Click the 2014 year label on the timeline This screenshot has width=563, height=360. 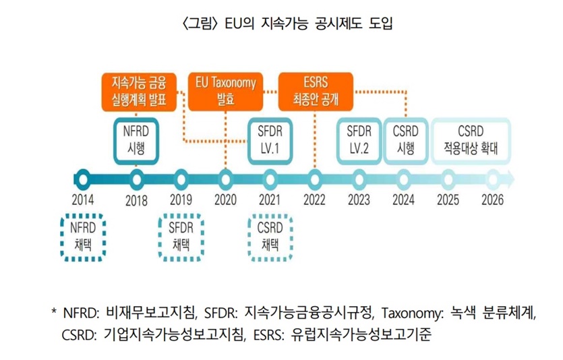tap(82, 200)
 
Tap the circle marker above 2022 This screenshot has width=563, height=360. tap(315, 179)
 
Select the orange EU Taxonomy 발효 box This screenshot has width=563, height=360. tap(226, 91)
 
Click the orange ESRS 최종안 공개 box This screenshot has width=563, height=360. tap(315, 91)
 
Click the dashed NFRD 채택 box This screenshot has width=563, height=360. tap(83, 237)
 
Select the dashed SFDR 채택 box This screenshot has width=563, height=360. tap(181, 237)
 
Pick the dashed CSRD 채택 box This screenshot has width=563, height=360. tap(270, 237)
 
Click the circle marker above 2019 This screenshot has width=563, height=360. tap(181, 179)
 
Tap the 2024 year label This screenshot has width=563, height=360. tap(403, 200)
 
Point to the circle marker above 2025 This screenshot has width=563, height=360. tap(448, 179)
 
